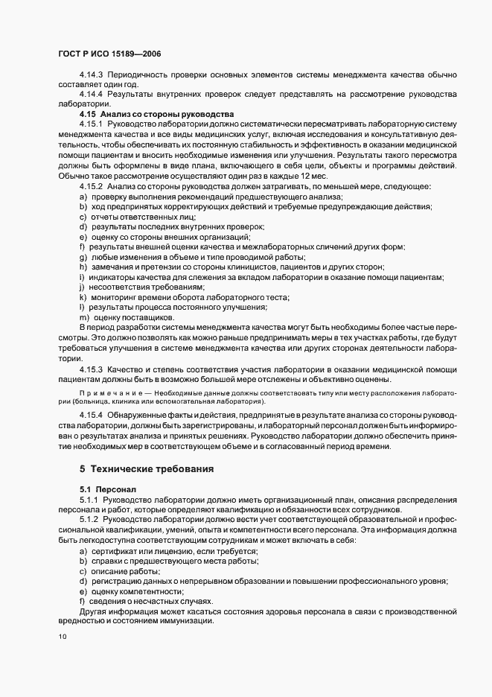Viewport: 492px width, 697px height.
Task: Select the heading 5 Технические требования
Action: tap(147, 469)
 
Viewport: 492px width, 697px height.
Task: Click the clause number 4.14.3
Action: tap(91, 75)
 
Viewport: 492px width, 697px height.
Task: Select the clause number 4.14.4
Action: tap(91, 95)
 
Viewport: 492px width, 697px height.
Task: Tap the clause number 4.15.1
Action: tap(91, 123)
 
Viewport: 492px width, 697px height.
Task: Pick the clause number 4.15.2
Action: tap(91, 185)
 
